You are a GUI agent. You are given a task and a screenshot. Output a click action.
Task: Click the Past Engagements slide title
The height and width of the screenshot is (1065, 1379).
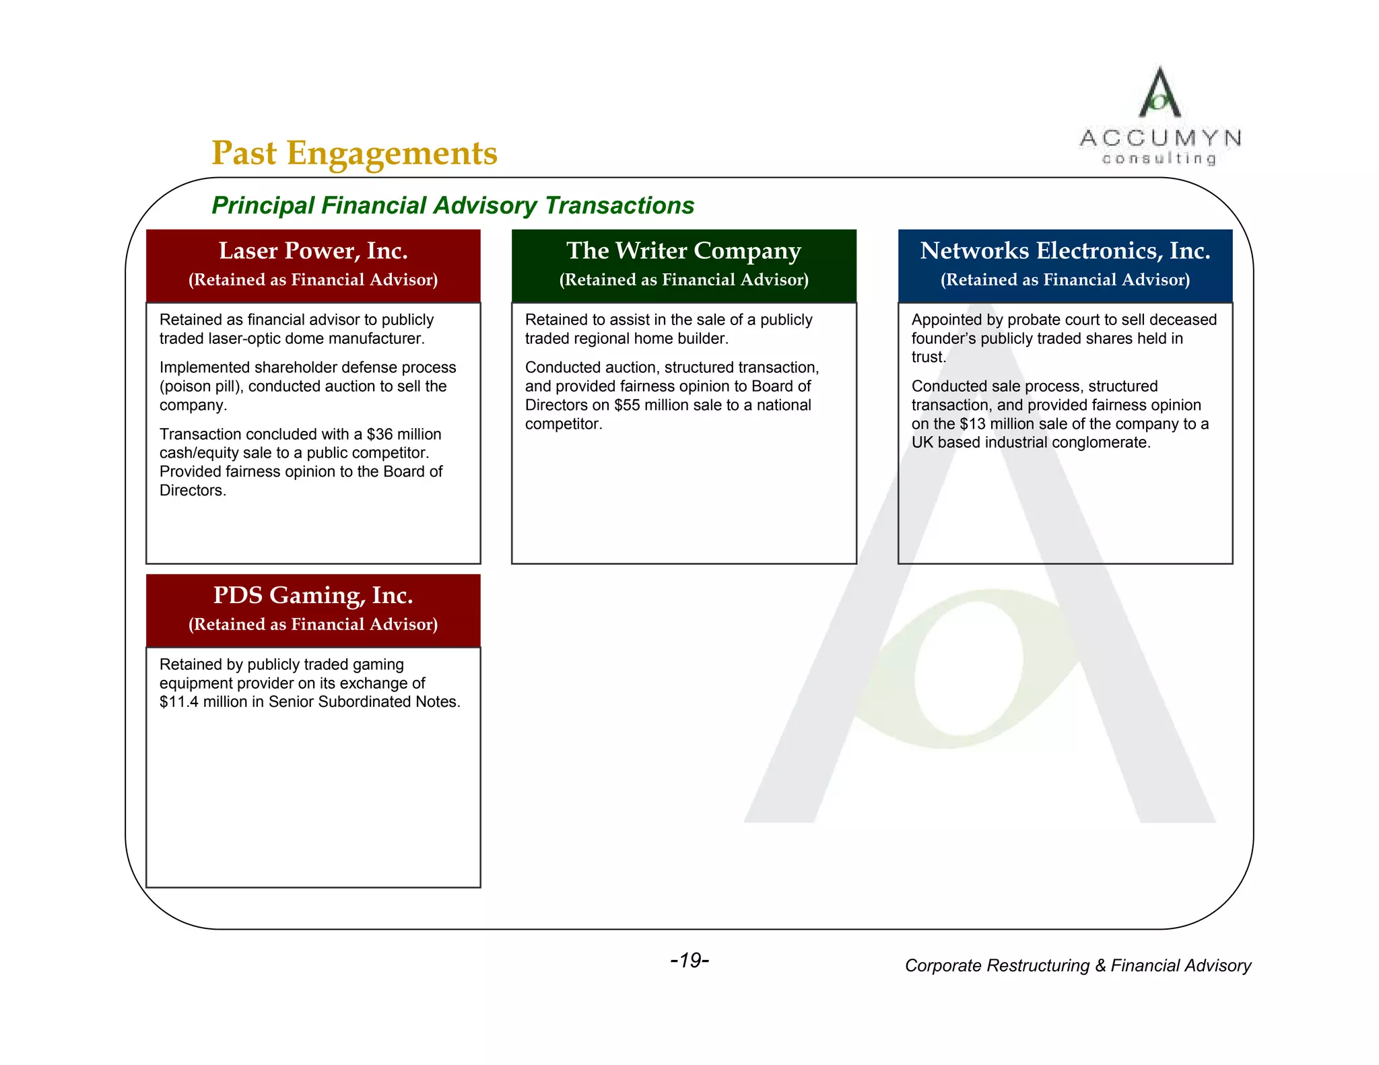pos(354,153)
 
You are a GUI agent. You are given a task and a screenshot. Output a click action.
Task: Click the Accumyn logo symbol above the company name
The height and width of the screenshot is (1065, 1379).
pos(1159,93)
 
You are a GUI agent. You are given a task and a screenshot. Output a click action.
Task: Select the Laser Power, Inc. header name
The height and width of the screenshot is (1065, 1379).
pos(313,251)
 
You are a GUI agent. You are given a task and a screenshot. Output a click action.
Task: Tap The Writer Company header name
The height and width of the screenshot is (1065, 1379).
pos(683,251)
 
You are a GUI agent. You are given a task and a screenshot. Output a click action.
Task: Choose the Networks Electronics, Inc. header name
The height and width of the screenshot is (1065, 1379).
pos(1065,251)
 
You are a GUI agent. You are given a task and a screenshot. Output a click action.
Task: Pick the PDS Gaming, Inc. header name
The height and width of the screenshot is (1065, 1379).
pos(313,596)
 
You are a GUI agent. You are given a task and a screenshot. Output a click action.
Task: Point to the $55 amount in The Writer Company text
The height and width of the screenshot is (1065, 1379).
pos(626,405)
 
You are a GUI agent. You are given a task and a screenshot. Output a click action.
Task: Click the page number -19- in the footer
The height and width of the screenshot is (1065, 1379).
pos(689,961)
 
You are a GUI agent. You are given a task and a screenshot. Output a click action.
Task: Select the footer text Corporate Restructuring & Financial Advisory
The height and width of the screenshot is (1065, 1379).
pos(1077,966)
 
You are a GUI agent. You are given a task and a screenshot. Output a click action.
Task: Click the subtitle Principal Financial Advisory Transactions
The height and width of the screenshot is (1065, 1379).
pos(452,206)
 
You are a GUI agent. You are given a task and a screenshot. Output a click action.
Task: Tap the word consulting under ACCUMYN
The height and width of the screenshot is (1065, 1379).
pos(1159,159)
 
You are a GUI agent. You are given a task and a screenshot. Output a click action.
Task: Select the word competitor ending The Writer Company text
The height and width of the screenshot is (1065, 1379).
pos(562,424)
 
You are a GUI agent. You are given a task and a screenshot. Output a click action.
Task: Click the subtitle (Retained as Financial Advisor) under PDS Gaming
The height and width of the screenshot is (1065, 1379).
pos(313,625)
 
